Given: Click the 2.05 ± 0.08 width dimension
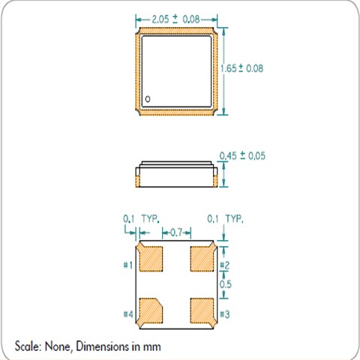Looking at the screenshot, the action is coord(175,19).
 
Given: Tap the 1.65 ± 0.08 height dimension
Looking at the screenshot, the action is coord(242,68).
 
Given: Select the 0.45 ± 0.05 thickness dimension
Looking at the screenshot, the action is coord(242,156).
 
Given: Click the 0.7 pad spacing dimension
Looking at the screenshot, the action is coord(176,232).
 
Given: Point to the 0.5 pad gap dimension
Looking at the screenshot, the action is coord(226,284).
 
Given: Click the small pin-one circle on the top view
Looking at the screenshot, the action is coord(148,99).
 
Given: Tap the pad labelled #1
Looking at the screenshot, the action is coord(151,259).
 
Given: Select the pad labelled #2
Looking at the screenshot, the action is coord(202,259).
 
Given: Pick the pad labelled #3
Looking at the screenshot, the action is coord(202,310).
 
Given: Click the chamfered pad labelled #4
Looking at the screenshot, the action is coord(151,310).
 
